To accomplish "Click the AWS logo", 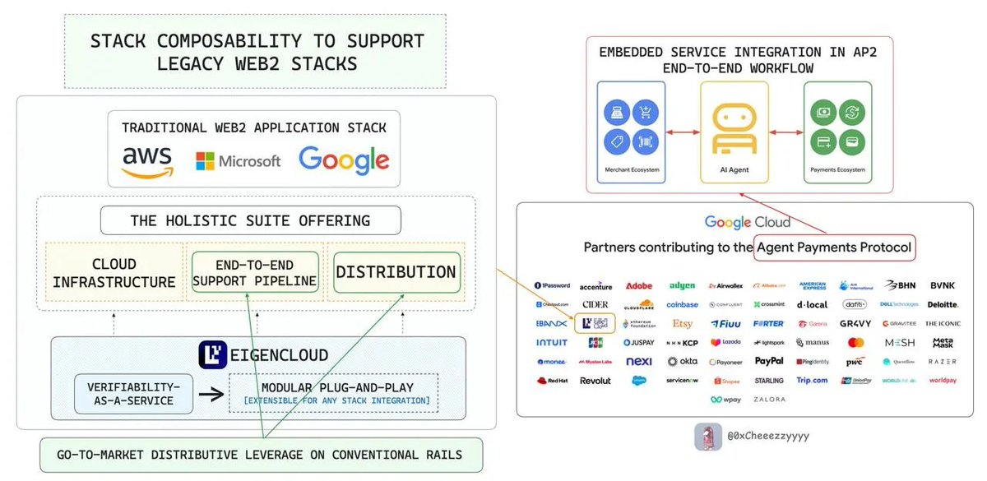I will tap(149, 161).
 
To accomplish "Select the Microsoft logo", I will tap(238, 160).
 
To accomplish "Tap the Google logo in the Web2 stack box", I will tap(344, 160).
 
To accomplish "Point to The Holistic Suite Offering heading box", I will tap(251, 220).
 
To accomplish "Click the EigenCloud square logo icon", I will tap(212, 354).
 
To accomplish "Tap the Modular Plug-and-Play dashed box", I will tap(333, 392).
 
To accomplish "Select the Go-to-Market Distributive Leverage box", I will tap(260, 455).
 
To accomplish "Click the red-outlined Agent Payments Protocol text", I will tap(835, 246).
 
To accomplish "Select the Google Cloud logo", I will tap(747, 222).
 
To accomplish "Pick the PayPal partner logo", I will tap(769, 361).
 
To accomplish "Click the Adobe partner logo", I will tap(639, 286).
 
